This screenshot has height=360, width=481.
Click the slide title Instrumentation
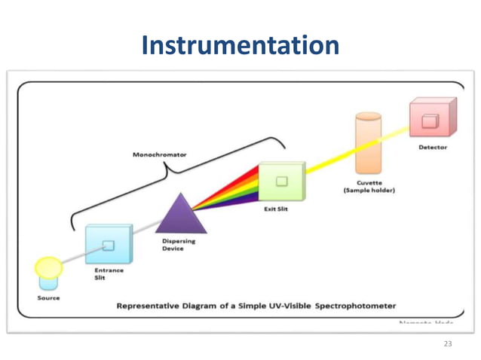240,46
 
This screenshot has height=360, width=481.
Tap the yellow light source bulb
48,267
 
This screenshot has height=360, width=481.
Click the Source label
48,298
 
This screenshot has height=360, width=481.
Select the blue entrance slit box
107,244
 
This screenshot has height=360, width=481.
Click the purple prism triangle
180,214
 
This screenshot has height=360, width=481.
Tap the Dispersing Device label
179,245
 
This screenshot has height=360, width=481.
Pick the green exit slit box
280,182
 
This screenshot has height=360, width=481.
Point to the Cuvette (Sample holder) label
369,186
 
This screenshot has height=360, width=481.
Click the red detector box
433,118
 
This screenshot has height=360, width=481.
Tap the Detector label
432,148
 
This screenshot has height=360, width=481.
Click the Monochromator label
161,155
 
